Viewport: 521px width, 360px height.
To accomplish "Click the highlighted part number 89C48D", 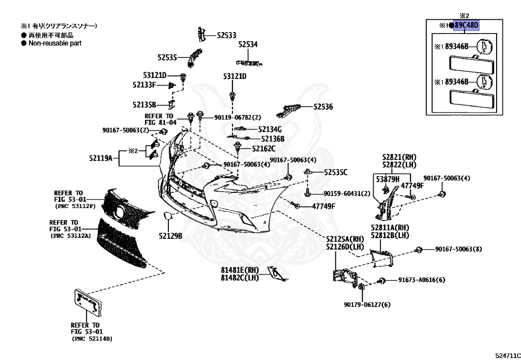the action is pyautogui.click(x=467, y=25).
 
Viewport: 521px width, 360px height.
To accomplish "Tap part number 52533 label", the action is pyautogui.click(x=226, y=35).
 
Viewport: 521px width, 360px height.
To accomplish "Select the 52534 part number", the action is pyautogui.click(x=248, y=44).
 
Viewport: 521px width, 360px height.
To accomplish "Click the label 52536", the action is pyautogui.click(x=323, y=107).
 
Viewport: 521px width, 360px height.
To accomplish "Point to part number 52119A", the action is pyautogui.click(x=101, y=158).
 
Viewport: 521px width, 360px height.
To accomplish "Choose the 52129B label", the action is pyautogui.click(x=170, y=236).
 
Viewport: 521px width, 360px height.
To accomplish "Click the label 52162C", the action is pyautogui.click(x=264, y=149).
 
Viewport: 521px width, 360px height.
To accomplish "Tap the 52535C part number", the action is pyautogui.click(x=336, y=172).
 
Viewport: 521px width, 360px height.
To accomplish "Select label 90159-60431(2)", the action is pyautogui.click(x=347, y=193).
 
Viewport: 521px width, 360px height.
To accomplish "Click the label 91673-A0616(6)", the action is pyautogui.click(x=422, y=280).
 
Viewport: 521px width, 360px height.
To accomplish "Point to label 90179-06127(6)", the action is pyautogui.click(x=367, y=304).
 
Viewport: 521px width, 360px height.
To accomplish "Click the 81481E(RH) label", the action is pyautogui.click(x=240, y=270).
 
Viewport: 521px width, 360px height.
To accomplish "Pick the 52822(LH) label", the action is pyautogui.click(x=399, y=165).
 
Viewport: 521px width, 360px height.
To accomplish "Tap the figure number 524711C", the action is pyautogui.click(x=508, y=356).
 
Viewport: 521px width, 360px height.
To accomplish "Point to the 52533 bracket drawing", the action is pyautogui.click(x=201, y=34).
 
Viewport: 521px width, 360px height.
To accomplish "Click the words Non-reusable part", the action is pyautogui.click(x=55, y=43).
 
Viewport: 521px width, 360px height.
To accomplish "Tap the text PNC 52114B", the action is pyautogui.click(x=92, y=339).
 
